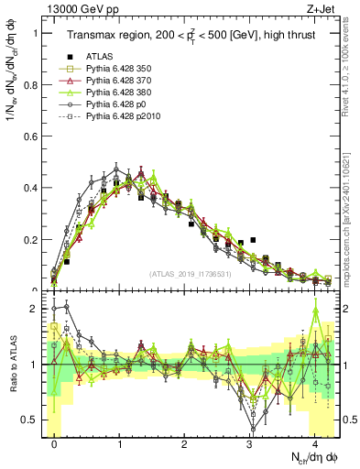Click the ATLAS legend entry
pos(101,56)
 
